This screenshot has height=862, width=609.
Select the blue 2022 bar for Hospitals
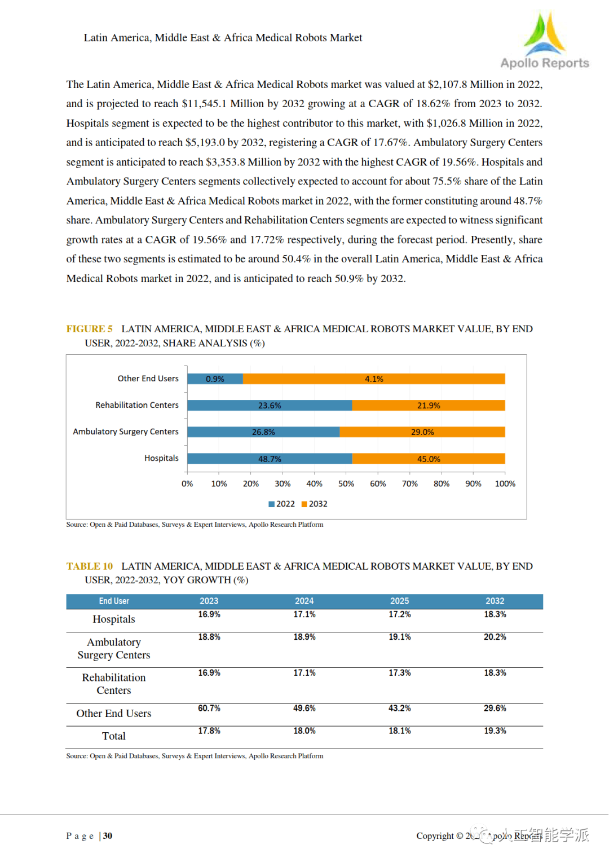point(270,459)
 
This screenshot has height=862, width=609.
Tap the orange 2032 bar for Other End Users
point(374,379)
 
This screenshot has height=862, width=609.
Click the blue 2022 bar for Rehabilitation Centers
point(270,406)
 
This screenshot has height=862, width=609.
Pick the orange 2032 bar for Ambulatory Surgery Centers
point(422,432)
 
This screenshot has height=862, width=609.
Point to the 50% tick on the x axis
point(346,483)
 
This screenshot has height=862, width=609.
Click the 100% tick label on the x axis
point(505,483)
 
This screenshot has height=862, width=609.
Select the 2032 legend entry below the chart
point(315,504)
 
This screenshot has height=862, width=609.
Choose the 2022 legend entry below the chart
point(282,504)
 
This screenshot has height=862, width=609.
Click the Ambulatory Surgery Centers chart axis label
point(126,432)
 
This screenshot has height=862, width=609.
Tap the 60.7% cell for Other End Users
point(209,708)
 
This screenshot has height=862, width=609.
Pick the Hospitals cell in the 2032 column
point(495,614)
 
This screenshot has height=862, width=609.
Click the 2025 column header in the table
point(399,601)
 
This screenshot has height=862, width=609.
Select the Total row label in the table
point(114,736)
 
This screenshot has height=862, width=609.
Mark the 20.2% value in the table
point(495,637)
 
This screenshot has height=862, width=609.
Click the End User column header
point(114,601)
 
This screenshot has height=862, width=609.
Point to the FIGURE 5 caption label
point(89,329)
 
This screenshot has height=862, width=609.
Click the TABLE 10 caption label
point(90,566)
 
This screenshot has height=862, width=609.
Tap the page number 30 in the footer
point(108,835)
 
